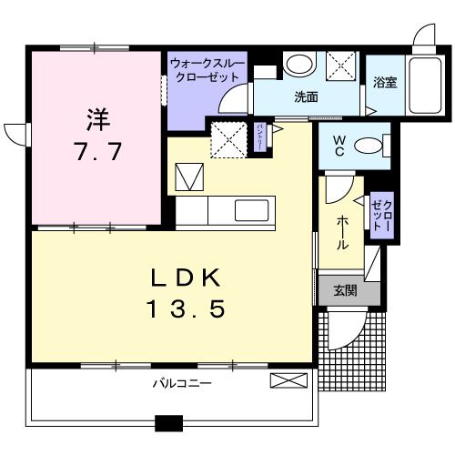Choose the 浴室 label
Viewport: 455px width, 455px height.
coord(384,83)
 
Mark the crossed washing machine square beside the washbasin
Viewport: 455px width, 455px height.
coord(343,66)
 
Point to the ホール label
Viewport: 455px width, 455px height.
coord(341,232)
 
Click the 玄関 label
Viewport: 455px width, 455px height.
coord(343,290)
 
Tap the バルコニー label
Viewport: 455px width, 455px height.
coord(181,383)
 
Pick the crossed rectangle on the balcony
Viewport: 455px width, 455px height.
coord(286,382)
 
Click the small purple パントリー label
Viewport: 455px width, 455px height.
coord(259,135)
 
